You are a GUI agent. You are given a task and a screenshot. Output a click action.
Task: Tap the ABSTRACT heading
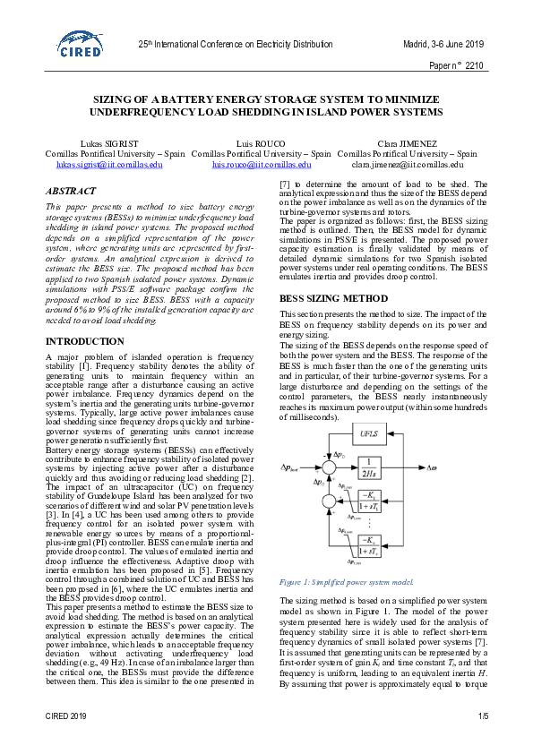coord(72,191)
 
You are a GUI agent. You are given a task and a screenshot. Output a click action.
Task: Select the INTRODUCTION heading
coord(84,341)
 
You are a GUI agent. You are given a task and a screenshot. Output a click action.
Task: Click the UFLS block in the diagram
coord(369,435)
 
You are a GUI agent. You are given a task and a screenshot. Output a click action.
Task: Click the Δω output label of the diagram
coord(432,467)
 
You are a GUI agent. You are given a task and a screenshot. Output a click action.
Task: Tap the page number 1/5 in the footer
coord(483,716)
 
